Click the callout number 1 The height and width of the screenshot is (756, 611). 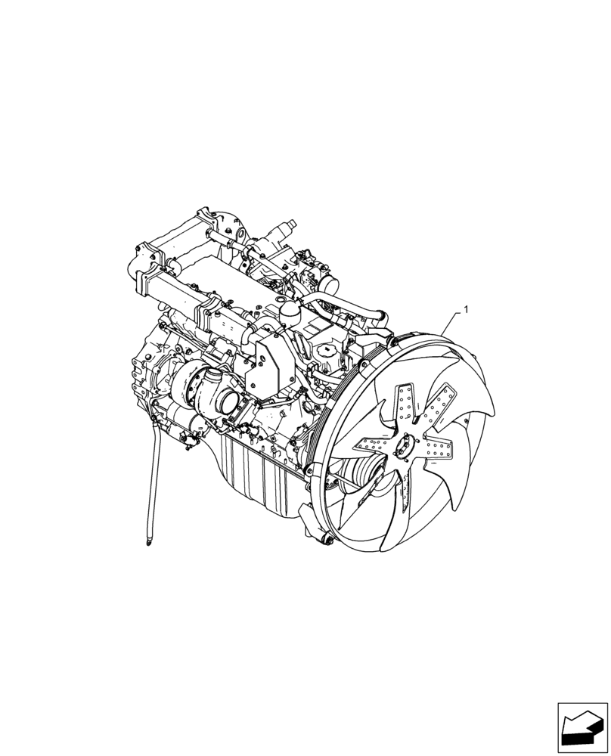click(466, 309)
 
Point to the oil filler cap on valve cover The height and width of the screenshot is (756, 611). click(326, 352)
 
